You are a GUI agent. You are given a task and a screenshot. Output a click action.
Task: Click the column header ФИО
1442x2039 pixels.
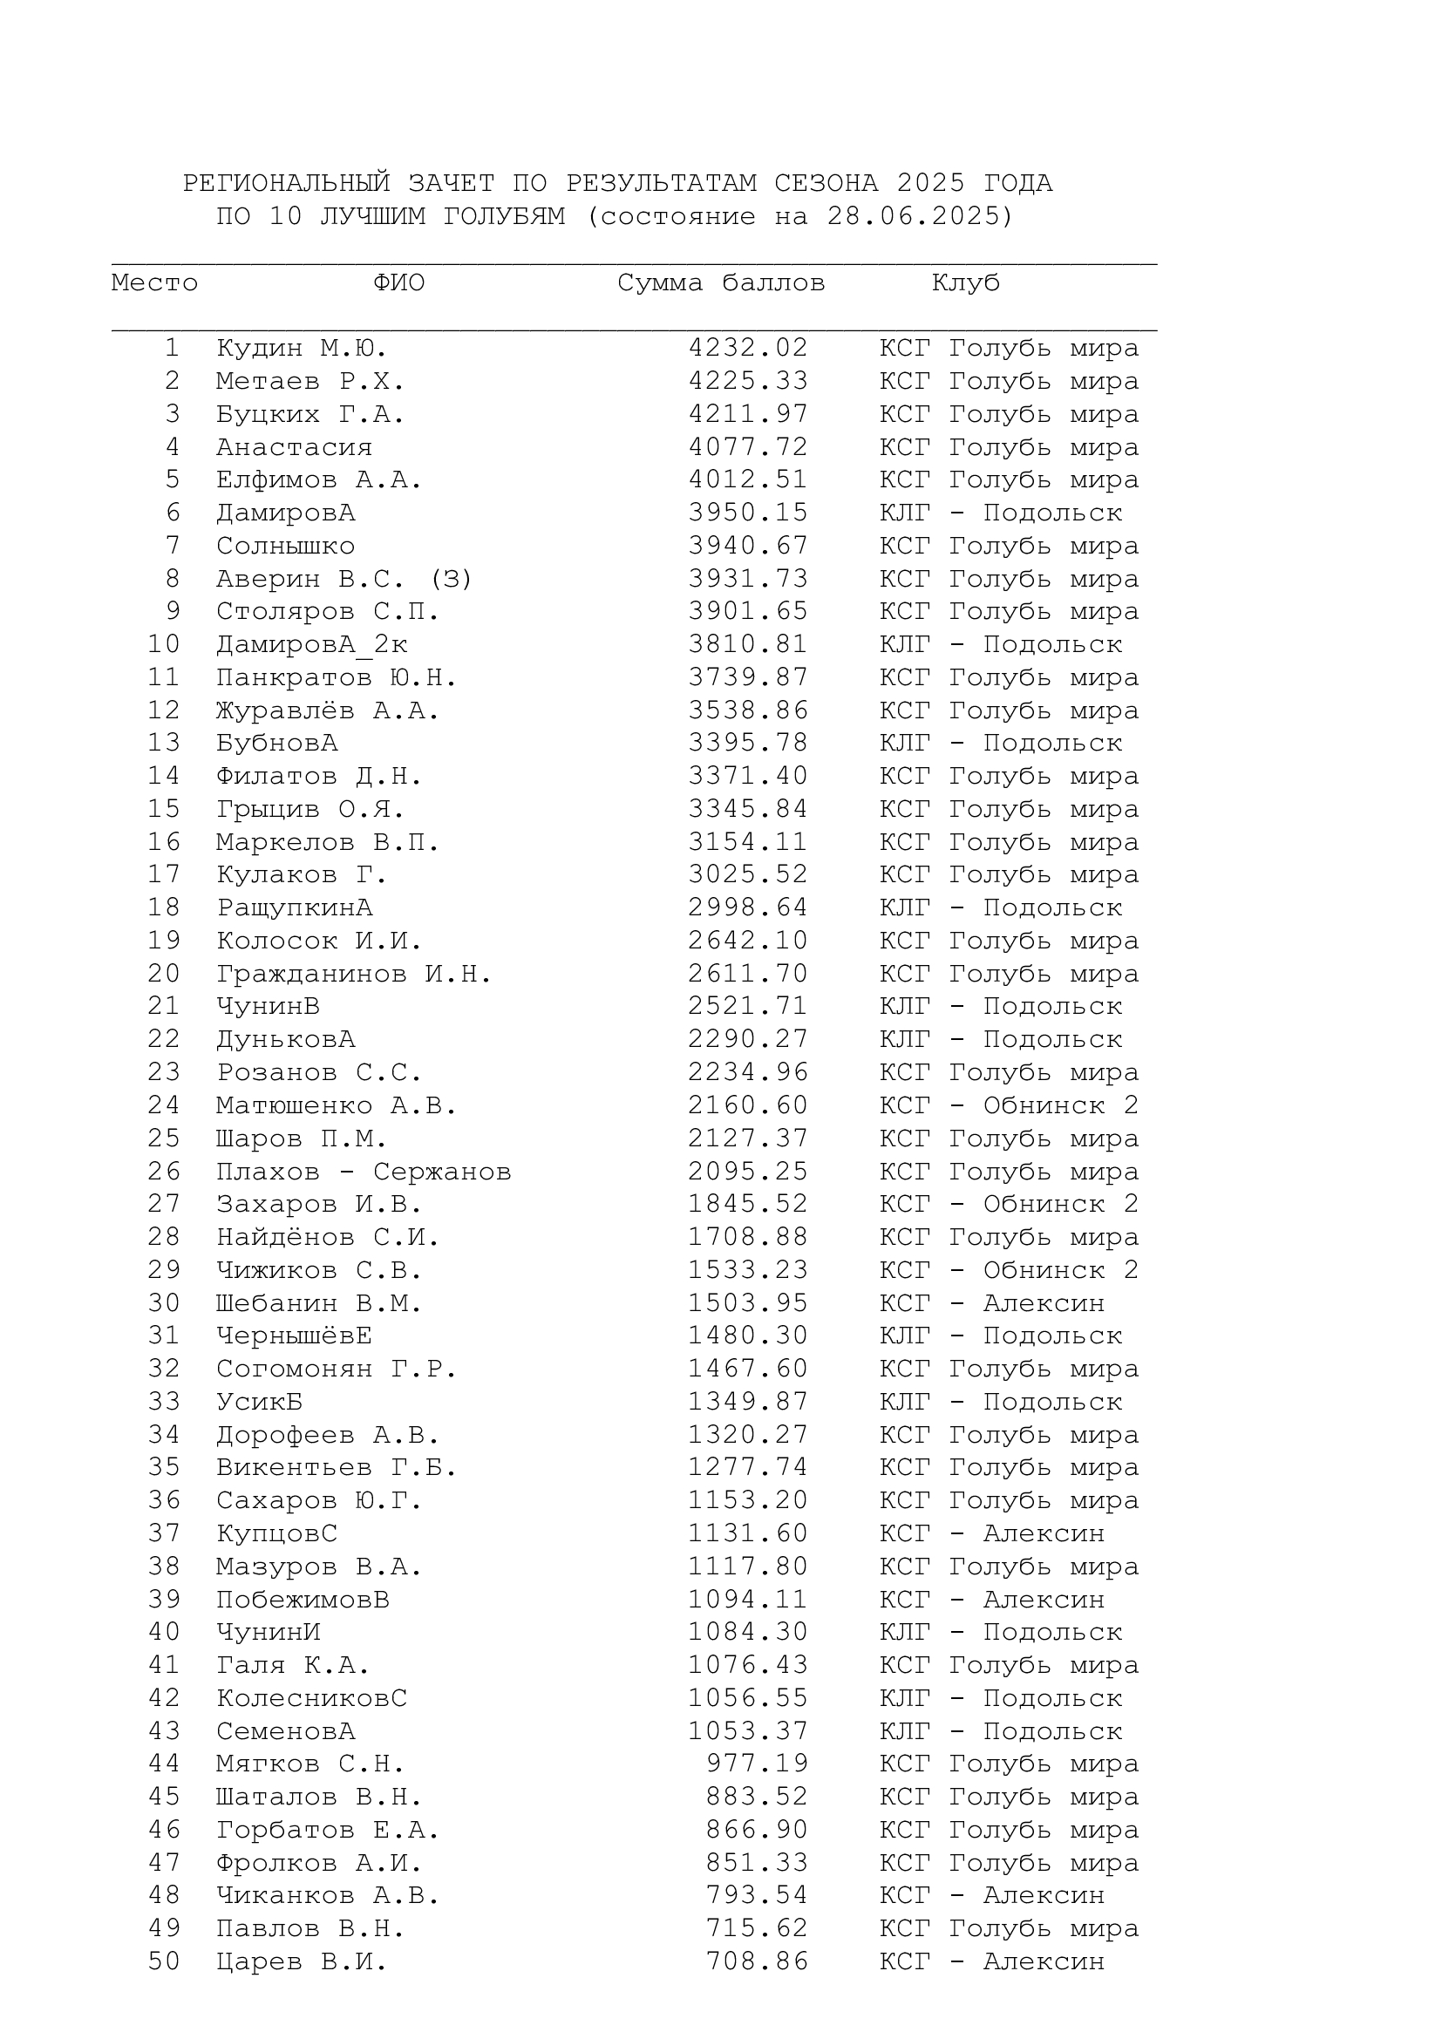[x=398, y=283]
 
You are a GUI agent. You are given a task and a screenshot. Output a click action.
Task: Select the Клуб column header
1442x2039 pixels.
[x=965, y=283]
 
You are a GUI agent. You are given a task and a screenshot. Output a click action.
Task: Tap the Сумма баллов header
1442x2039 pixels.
[x=721, y=283]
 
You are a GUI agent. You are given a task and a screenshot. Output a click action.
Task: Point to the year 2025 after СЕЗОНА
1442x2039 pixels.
[x=930, y=184]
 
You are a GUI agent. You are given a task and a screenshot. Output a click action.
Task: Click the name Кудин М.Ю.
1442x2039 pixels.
[x=301, y=348]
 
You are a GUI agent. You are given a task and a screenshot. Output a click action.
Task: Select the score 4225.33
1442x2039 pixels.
[x=748, y=381]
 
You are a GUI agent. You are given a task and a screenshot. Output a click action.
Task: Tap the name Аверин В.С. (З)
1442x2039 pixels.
[x=343, y=579]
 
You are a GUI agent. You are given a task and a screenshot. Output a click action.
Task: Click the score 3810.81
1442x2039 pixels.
[x=748, y=644]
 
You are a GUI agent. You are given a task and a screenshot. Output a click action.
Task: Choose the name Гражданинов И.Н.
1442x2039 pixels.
[x=353, y=975]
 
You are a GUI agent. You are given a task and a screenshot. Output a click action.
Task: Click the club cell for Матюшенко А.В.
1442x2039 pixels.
[x=1009, y=1105]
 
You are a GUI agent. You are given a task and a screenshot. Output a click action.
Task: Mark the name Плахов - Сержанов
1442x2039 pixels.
[x=364, y=1172]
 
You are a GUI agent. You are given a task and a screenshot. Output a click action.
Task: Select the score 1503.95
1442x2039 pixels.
[x=748, y=1302]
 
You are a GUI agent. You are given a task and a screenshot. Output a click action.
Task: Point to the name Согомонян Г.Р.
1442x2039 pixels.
[x=336, y=1369]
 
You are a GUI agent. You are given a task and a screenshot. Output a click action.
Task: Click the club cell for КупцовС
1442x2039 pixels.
[x=992, y=1533]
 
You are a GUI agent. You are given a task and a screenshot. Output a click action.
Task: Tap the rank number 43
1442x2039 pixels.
[x=164, y=1731]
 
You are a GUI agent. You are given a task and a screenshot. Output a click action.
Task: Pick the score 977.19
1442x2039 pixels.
[x=757, y=1764]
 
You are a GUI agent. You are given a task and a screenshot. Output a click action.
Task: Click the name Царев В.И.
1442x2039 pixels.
[x=301, y=1961]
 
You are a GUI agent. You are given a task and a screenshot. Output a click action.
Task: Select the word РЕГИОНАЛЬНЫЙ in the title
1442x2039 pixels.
[x=286, y=184]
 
